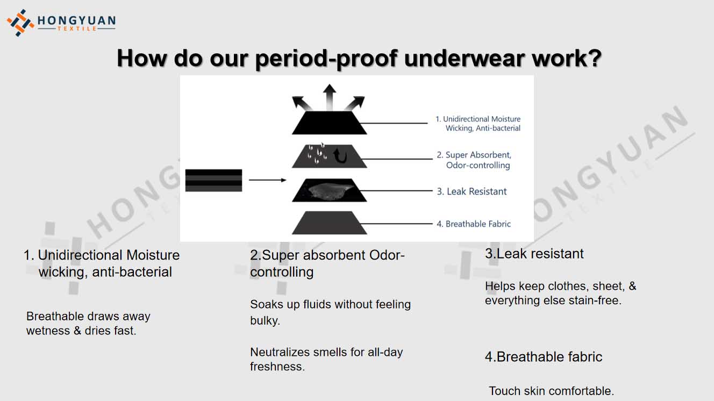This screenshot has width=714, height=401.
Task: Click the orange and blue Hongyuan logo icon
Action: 20,23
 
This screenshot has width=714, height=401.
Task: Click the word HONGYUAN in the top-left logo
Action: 77,21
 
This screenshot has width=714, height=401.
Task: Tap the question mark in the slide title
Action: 593,58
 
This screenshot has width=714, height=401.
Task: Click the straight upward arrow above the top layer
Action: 329,97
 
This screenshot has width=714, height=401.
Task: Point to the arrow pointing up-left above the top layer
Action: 302,103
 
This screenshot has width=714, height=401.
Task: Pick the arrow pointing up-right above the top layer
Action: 355,103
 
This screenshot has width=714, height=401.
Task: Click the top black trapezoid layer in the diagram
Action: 329,123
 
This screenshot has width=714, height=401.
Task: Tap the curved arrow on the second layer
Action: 341,156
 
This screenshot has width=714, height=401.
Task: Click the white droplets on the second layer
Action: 317,154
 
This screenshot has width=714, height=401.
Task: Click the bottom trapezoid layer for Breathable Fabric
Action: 329,223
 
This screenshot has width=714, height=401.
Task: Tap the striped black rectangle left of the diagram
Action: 213,181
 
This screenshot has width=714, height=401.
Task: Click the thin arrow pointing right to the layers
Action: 267,180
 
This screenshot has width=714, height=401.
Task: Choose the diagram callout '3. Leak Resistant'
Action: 472,191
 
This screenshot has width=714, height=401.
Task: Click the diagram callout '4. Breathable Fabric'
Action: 474,224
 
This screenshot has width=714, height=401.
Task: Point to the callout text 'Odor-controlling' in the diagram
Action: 478,165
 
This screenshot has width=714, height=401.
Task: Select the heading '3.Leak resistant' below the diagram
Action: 534,254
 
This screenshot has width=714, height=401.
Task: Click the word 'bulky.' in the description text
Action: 265,321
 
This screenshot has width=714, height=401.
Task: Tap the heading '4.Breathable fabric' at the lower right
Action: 544,357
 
